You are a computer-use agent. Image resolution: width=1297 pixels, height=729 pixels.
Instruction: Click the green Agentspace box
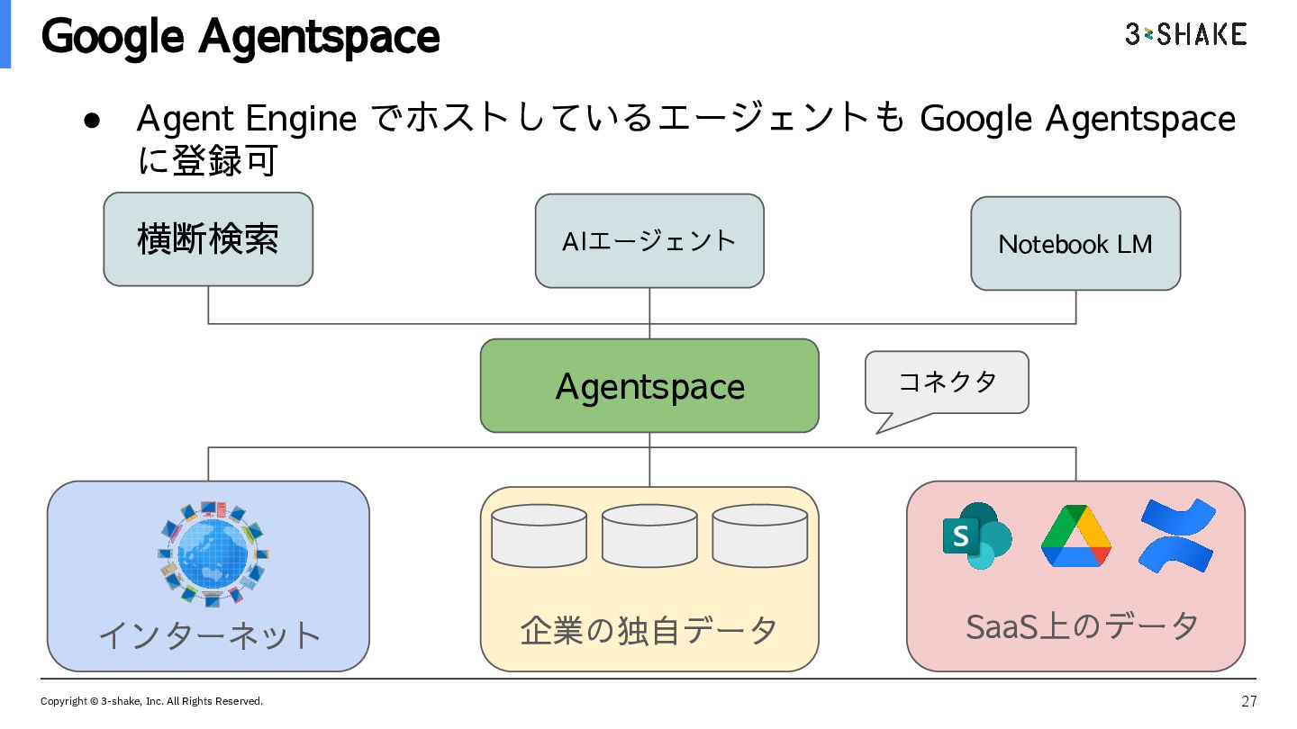click(x=649, y=386)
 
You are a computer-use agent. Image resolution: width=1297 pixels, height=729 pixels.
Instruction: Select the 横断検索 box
click(x=208, y=239)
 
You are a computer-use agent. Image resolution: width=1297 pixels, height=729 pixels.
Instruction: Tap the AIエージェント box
click(x=649, y=241)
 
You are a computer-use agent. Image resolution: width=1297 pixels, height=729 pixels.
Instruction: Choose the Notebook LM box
click(x=1075, y=244)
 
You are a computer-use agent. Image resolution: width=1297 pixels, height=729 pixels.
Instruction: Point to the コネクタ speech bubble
click(x=947, y=382)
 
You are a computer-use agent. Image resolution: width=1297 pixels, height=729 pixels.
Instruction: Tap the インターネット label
click(x=209, y=635)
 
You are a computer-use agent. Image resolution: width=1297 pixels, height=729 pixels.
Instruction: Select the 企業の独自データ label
click(x=649, y=631)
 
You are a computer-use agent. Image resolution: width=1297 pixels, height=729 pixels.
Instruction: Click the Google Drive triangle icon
click(x=1076, y=536)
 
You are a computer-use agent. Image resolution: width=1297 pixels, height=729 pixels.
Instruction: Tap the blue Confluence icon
click(x=1176, y=536)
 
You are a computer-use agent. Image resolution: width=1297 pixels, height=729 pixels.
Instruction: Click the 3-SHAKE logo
click(x=1185, y=35)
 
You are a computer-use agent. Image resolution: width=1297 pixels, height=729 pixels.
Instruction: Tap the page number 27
click(x=1248, y=701)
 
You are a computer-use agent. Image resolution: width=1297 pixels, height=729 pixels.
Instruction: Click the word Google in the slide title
click(x=113, y=38)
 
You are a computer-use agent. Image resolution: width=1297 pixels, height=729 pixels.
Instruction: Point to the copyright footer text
click(x=151, y=701)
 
